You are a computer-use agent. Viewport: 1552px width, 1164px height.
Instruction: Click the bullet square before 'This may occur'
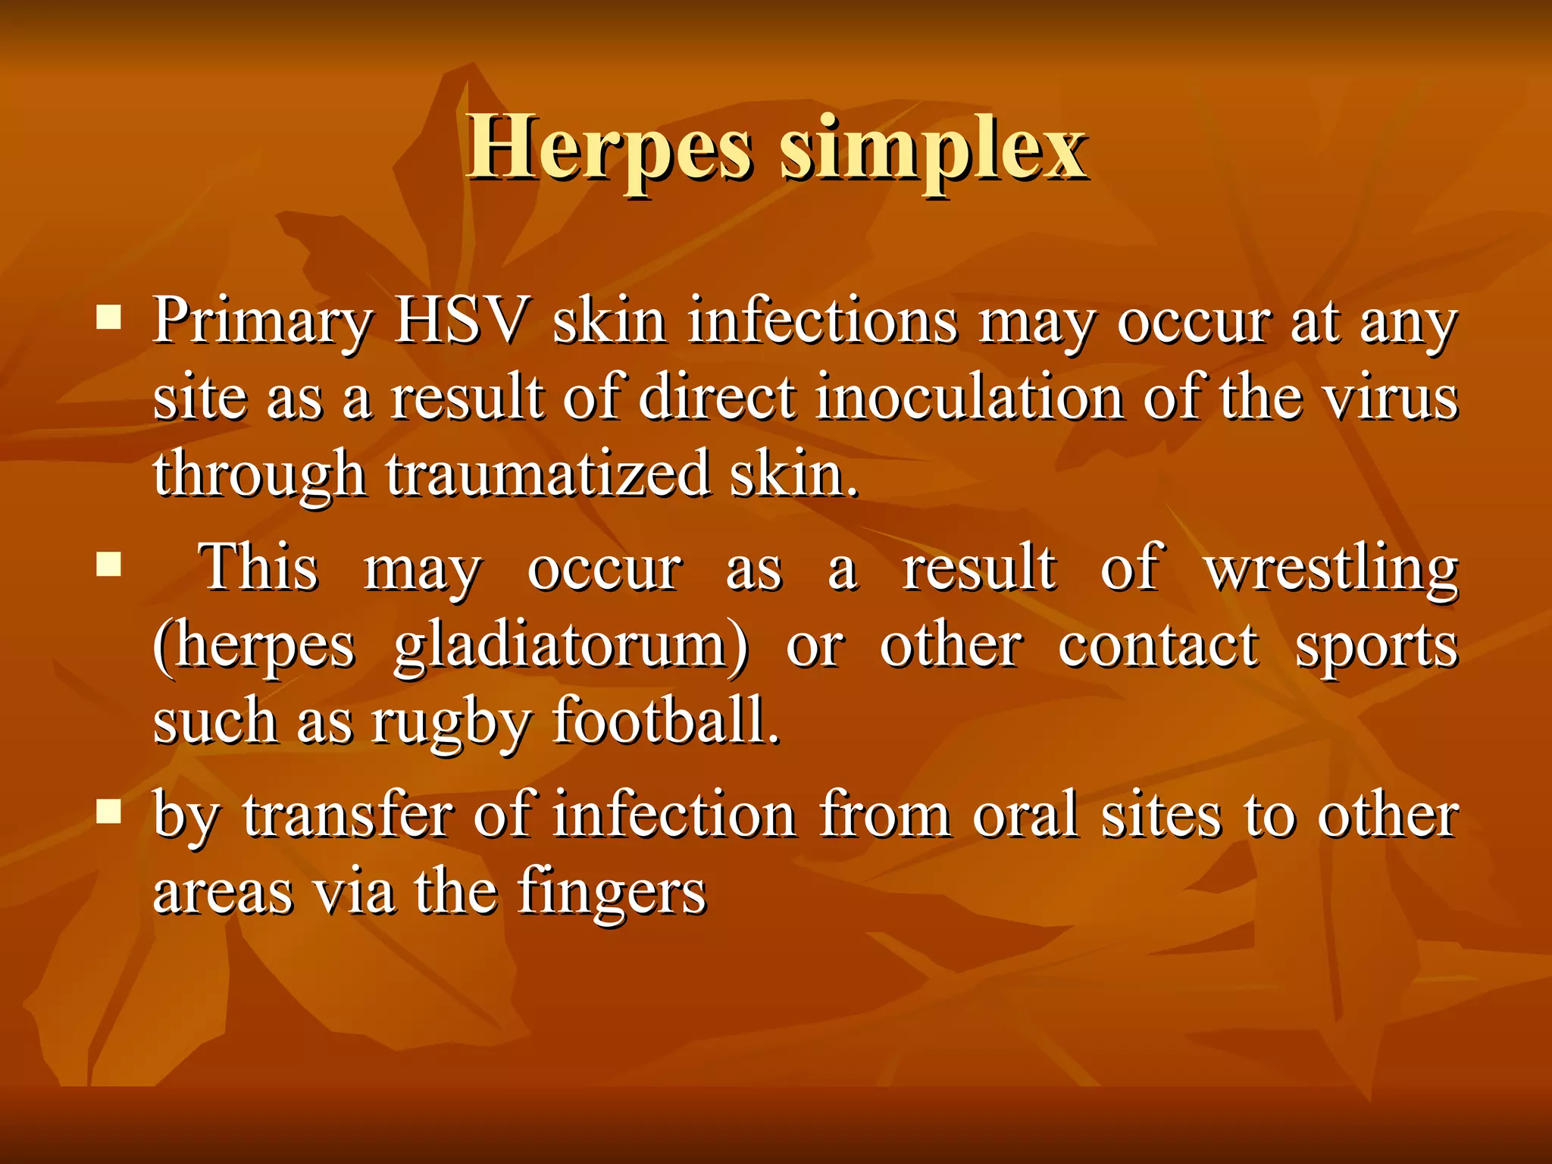110,565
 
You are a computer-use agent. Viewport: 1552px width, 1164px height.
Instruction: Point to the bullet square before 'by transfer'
110,812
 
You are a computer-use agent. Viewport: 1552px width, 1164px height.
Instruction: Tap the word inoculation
969,397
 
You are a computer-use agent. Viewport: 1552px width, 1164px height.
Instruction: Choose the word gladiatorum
571,647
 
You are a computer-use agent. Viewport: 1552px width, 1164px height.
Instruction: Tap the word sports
1376,649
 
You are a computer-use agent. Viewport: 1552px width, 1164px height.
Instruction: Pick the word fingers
612,894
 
